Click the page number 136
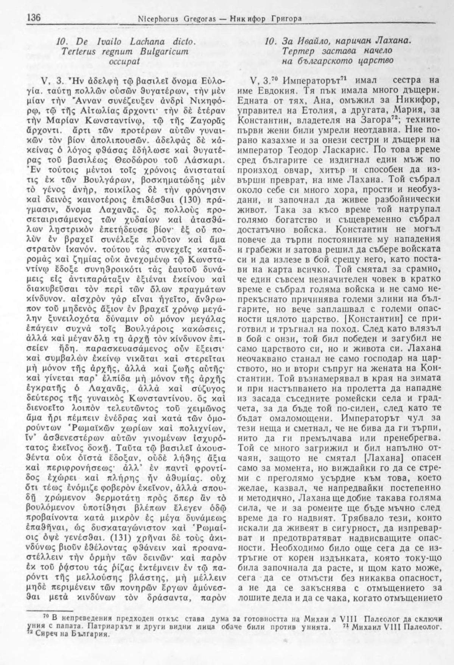coord(34,18)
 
